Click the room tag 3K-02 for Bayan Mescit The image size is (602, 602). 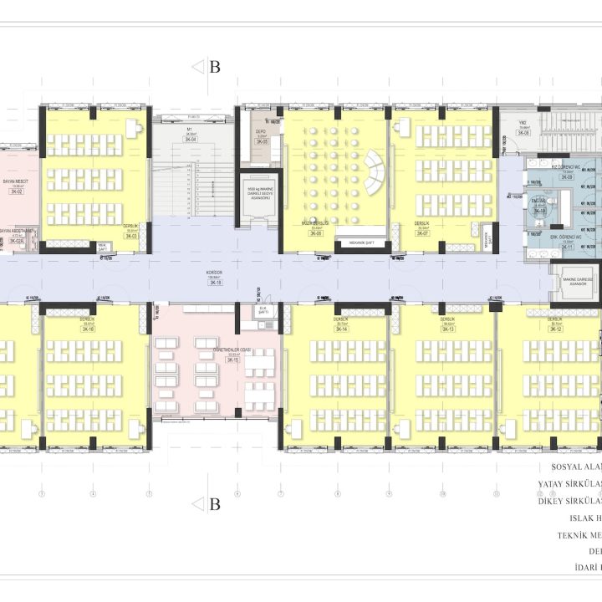click(16, 192)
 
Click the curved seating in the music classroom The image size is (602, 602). click(373, 171)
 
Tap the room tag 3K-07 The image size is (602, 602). click(421, 233)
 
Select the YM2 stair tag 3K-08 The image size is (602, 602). click(523, 133)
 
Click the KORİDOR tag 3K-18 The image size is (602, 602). click(215, 283)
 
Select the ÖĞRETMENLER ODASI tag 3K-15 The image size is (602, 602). click(232, 360)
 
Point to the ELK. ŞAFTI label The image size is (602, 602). click(262, 310)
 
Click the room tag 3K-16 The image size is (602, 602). click(87, 330)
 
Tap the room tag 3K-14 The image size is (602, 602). click(340, 329)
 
